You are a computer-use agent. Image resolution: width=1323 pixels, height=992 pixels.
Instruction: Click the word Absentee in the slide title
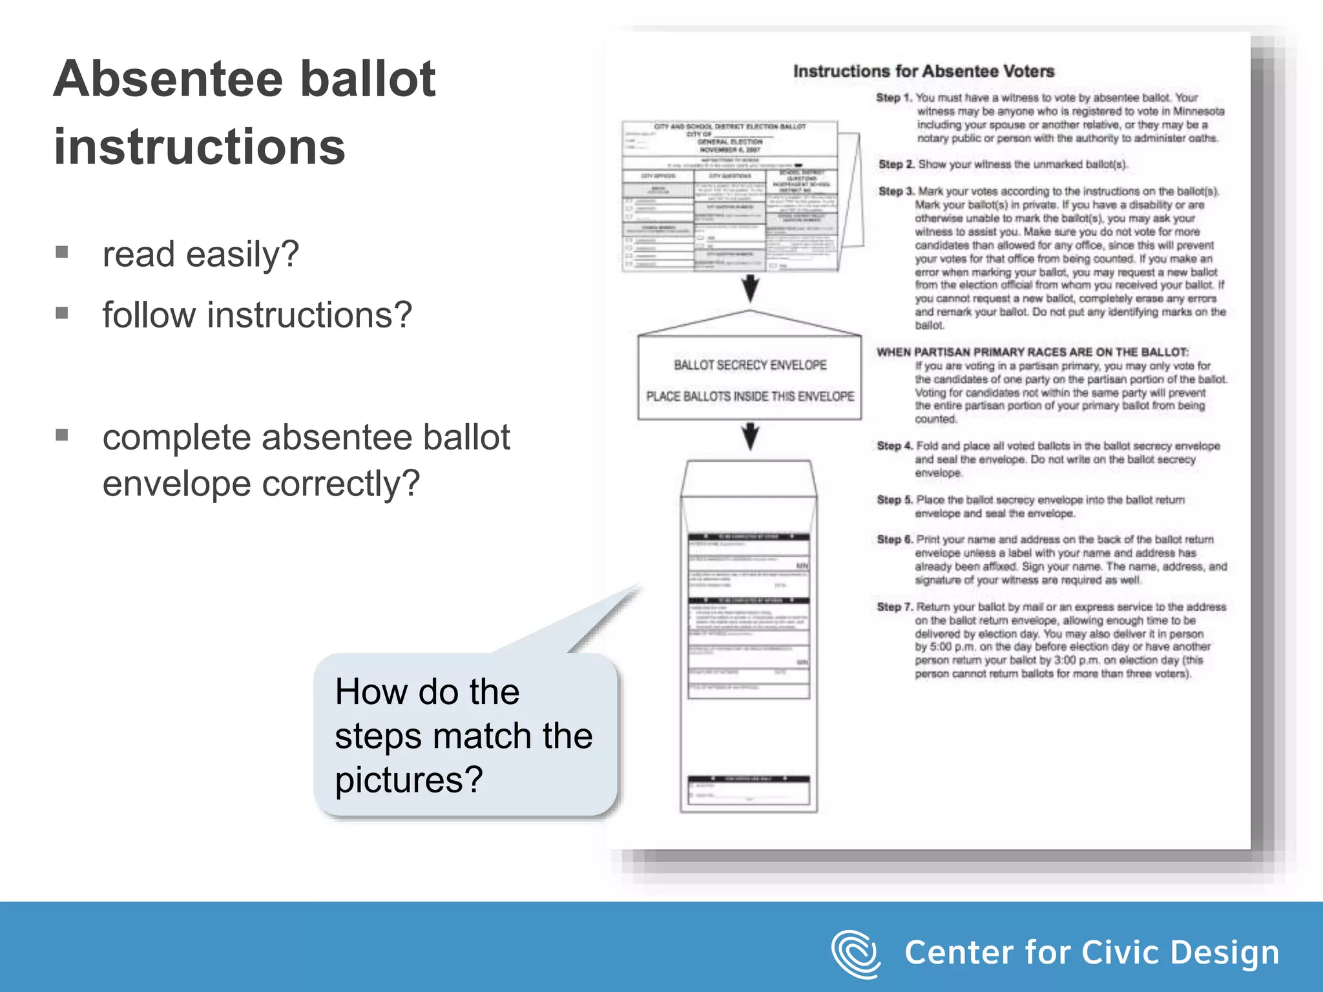tap(168, 79)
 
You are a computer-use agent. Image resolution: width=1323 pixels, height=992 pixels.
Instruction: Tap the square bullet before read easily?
tap(62, 252)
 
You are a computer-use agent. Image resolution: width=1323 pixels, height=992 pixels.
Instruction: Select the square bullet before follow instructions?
tap(62, 313)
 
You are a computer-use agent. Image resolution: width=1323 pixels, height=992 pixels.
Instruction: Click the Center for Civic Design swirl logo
tap(855, 953)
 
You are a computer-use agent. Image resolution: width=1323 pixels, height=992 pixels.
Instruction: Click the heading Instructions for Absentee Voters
tap(923, 71)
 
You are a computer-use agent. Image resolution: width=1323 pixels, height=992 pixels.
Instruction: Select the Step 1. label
tap(894, 98)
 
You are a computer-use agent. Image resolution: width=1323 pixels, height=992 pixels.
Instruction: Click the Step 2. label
tap(896, 165)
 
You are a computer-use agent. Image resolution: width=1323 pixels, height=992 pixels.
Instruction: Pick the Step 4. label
tap(895, 446)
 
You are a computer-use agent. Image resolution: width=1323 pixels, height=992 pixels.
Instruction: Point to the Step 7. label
tap(895, 607)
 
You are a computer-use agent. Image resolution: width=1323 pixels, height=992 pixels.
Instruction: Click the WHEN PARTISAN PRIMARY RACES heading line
tap(1032, 352)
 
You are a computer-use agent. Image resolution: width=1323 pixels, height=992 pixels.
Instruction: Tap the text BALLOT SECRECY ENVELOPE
tap(750, 366)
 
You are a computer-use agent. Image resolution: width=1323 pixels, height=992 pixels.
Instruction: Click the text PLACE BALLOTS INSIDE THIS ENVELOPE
tap(750, 396)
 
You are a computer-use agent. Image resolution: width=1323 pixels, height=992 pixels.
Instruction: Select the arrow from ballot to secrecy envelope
tap(750, 288)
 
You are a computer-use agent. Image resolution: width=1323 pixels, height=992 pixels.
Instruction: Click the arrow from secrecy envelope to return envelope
tap(750, 437)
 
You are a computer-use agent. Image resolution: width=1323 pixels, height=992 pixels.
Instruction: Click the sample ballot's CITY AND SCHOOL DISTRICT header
tap(730, 127)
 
